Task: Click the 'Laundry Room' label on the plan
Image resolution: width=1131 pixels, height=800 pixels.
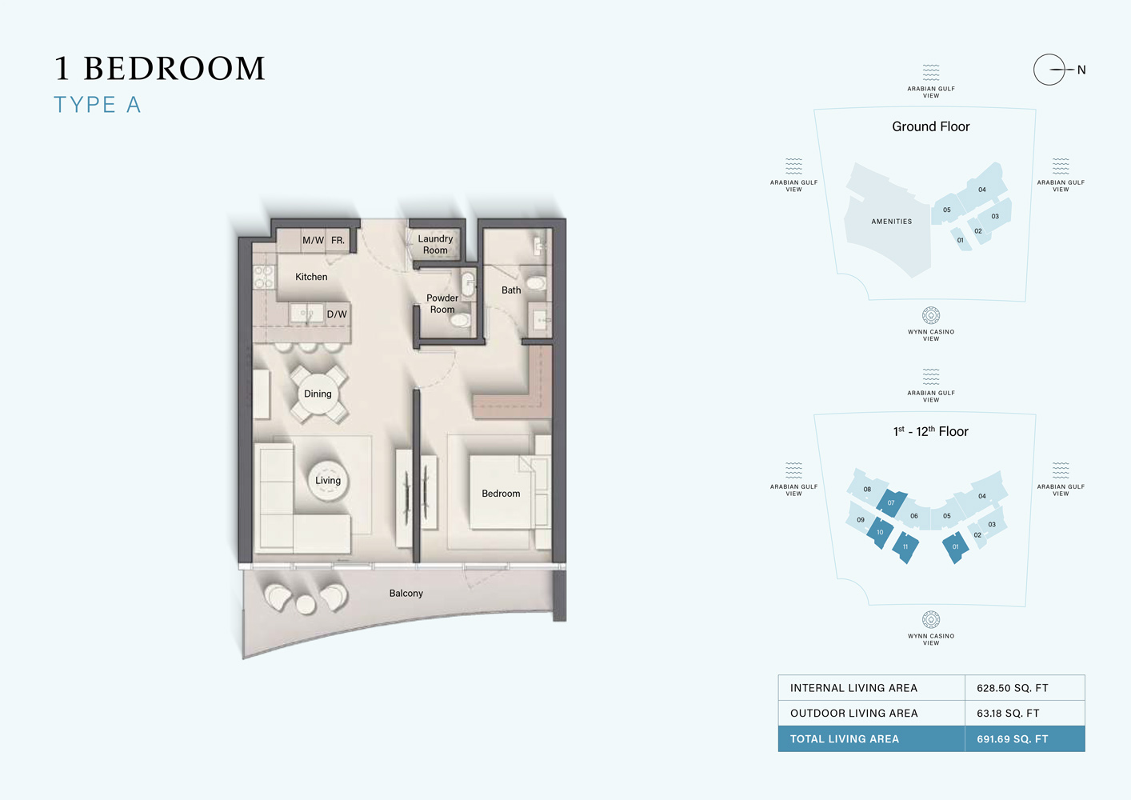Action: click(x=435, y=245)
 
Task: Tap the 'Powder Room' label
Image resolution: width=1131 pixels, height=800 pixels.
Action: click(x=442, y=304)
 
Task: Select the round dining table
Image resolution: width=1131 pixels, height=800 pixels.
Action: click(x=318, y=394)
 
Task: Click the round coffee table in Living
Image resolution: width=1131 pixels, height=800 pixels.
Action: click(x=328, y=480)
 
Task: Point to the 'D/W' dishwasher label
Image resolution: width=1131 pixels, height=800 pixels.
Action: click(x=337, y=314)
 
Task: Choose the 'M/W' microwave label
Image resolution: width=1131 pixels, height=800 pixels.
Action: click(x=313, y=240)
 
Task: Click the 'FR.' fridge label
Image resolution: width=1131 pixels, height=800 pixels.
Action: click(x=338, y=240)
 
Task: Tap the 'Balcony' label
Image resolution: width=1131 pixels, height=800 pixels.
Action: click(x=406, y=594)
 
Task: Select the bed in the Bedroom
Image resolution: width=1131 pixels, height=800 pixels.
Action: click(x=502, y=493)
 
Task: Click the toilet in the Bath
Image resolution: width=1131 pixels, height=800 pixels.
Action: click(x=536, y=283)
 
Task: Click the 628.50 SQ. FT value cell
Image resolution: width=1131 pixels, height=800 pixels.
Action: click(x=1013, y=688)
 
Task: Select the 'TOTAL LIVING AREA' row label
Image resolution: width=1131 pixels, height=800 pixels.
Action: click(x=845, y=739)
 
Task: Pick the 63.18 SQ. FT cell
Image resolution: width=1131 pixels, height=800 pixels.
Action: click(x=1008, y=714)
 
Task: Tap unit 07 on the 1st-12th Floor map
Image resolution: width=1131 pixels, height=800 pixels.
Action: click(x=891, y=503)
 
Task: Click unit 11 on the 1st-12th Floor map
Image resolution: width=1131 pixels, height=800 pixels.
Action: click(x=905, y=547)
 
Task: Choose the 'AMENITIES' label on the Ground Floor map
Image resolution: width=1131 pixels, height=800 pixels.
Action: click(x=892, y=222)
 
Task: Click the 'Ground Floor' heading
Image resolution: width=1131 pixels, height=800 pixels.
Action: click(x=931, y=126)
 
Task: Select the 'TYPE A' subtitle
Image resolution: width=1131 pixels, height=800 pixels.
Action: click(x=98, y=105)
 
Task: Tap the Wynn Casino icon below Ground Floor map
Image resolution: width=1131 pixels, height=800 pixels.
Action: click(x=931, y=315)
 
